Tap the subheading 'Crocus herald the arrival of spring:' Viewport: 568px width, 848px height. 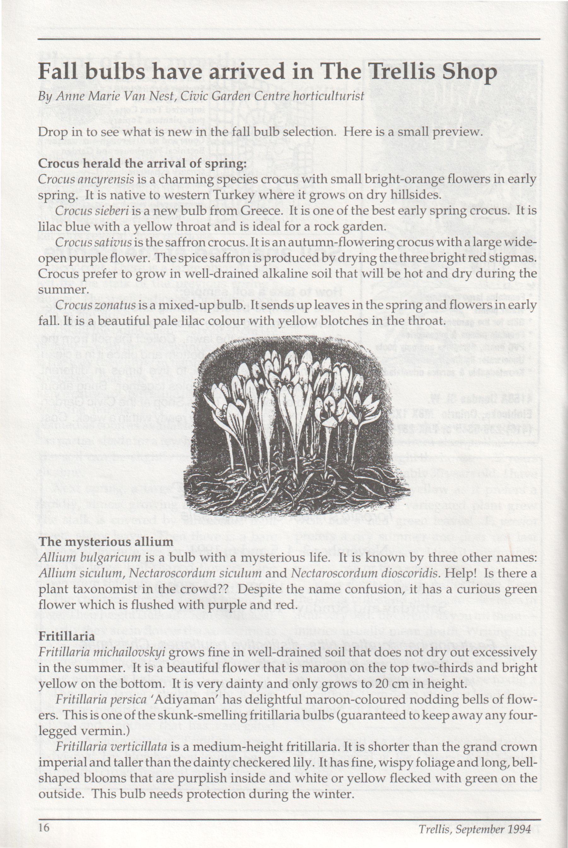coord(142,163)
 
